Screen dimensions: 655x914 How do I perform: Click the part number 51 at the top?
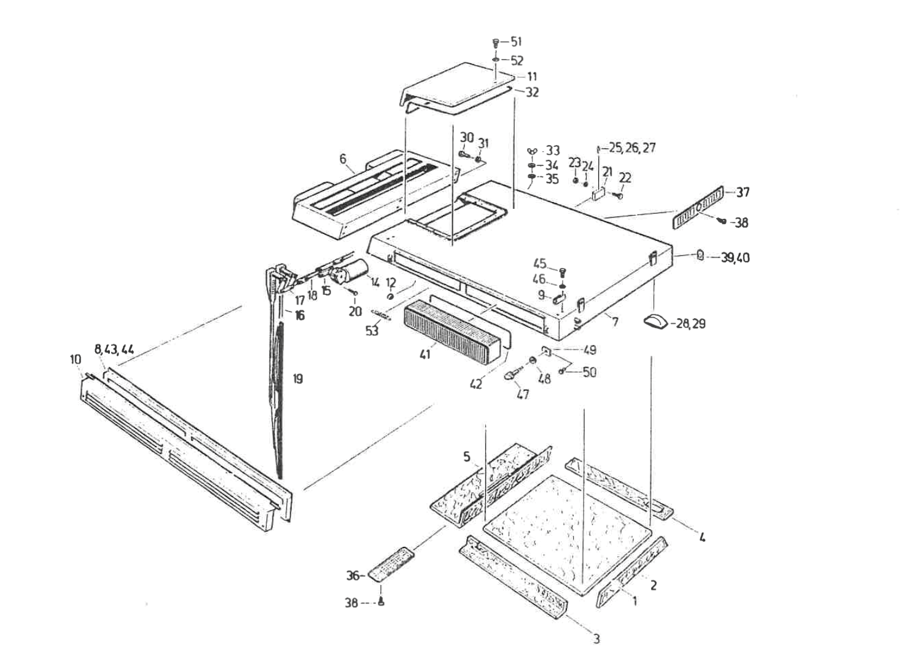515,42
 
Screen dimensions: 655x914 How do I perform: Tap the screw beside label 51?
496,42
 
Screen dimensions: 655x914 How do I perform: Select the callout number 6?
343,159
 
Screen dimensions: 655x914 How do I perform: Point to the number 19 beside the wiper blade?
298,379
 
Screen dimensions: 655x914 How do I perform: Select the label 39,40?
735,257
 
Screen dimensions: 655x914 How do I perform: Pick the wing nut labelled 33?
532,151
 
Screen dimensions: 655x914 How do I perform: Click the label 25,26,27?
631,148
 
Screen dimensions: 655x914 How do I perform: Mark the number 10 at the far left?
75,358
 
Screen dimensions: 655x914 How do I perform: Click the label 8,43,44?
114,350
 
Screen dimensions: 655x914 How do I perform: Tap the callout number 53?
372,331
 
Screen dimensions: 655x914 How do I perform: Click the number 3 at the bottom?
596,639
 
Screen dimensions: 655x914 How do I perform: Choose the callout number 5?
467,457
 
